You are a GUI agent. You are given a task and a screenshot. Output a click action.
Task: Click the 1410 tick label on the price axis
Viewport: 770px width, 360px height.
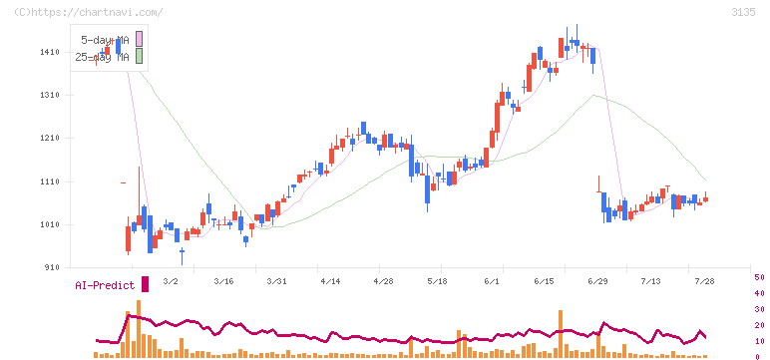(51, 52)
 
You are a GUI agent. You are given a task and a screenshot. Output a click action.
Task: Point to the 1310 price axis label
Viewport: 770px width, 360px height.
(51, 96)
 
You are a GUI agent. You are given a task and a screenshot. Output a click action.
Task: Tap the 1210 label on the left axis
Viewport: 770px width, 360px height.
(51, 139)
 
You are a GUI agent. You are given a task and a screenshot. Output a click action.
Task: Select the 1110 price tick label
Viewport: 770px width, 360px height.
(51, 181)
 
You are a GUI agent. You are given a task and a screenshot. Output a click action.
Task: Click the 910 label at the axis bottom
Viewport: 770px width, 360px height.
(53, 267)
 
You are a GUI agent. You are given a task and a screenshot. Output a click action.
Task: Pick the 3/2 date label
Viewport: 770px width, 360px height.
(171, 281)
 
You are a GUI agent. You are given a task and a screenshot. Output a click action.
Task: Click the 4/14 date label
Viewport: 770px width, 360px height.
(330, 281)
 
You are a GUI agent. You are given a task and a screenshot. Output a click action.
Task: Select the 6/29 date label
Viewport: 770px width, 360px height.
(597, 281)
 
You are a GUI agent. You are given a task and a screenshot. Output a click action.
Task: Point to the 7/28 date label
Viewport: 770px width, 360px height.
(704, 281)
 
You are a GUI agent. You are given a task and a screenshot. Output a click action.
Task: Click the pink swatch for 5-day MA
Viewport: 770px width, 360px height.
(139, 39)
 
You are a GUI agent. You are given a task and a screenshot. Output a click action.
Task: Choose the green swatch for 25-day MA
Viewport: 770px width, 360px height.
(139, 56)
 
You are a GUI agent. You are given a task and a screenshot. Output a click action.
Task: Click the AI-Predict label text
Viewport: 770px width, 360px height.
(105, 285)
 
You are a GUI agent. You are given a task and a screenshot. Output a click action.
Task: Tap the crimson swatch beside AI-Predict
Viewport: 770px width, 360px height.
(145, 284)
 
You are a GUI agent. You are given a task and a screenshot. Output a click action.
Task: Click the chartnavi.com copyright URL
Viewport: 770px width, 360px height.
(88, 12)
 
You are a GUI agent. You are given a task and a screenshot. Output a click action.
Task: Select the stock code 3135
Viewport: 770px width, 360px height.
(743, 12)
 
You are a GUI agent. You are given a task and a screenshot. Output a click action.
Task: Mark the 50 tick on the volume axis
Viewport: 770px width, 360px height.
(759, 277)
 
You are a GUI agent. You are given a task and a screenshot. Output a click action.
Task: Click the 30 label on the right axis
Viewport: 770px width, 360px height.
(759, 309)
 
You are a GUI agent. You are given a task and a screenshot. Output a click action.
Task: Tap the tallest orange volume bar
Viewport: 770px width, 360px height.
(139, 328)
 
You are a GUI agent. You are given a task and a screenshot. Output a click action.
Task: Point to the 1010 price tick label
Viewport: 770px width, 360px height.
(51, 225)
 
